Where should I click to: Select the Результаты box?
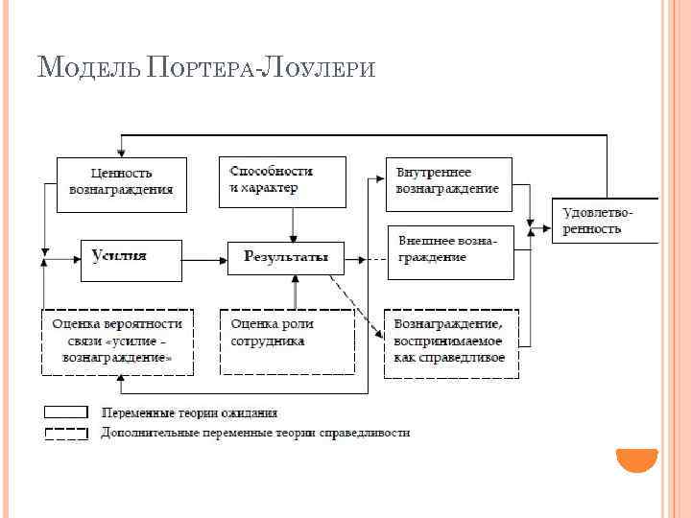coord(285,257)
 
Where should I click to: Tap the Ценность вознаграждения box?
coord(121,182)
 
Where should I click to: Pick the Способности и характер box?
coord(282,181)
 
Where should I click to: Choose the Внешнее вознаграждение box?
coord(450,251)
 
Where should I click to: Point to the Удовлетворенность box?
coord(604,222)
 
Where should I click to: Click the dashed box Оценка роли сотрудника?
coord(286,341)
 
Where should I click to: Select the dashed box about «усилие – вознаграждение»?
coord(117,341)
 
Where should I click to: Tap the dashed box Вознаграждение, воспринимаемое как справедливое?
coord(451,342)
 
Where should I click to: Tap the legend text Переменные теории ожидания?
coord(189,412)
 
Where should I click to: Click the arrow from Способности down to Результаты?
coord(294,224)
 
